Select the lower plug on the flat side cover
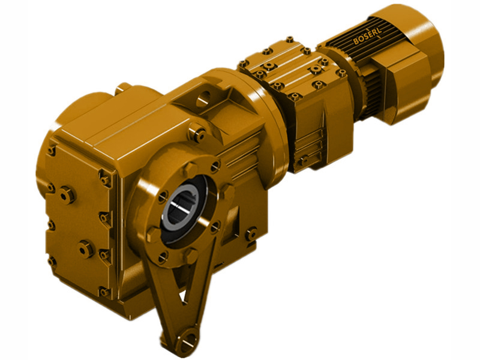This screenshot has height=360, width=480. point(86,247)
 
